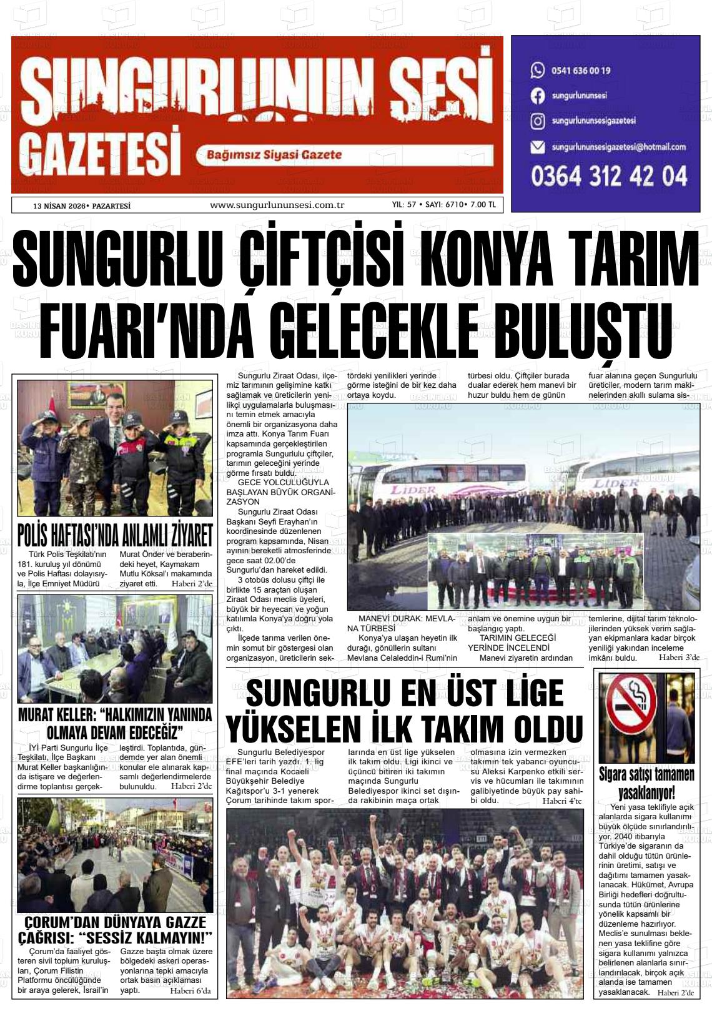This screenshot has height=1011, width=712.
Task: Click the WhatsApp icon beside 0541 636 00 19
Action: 537,70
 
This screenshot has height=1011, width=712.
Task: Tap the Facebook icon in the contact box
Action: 537,96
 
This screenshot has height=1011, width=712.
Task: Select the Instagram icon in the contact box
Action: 537,121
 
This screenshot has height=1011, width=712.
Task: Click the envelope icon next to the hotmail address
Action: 537,147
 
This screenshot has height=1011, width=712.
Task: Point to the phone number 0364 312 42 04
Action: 609,177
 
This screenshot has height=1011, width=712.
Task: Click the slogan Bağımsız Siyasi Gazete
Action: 274,155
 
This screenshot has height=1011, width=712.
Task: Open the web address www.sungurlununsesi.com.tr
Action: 277,205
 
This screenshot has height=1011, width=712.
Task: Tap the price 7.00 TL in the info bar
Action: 483,205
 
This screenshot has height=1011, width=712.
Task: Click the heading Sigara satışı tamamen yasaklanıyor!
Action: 646,783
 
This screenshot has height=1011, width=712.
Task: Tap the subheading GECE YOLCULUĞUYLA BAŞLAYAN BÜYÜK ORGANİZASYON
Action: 280,492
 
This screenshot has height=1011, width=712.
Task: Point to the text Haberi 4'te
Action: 561,801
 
